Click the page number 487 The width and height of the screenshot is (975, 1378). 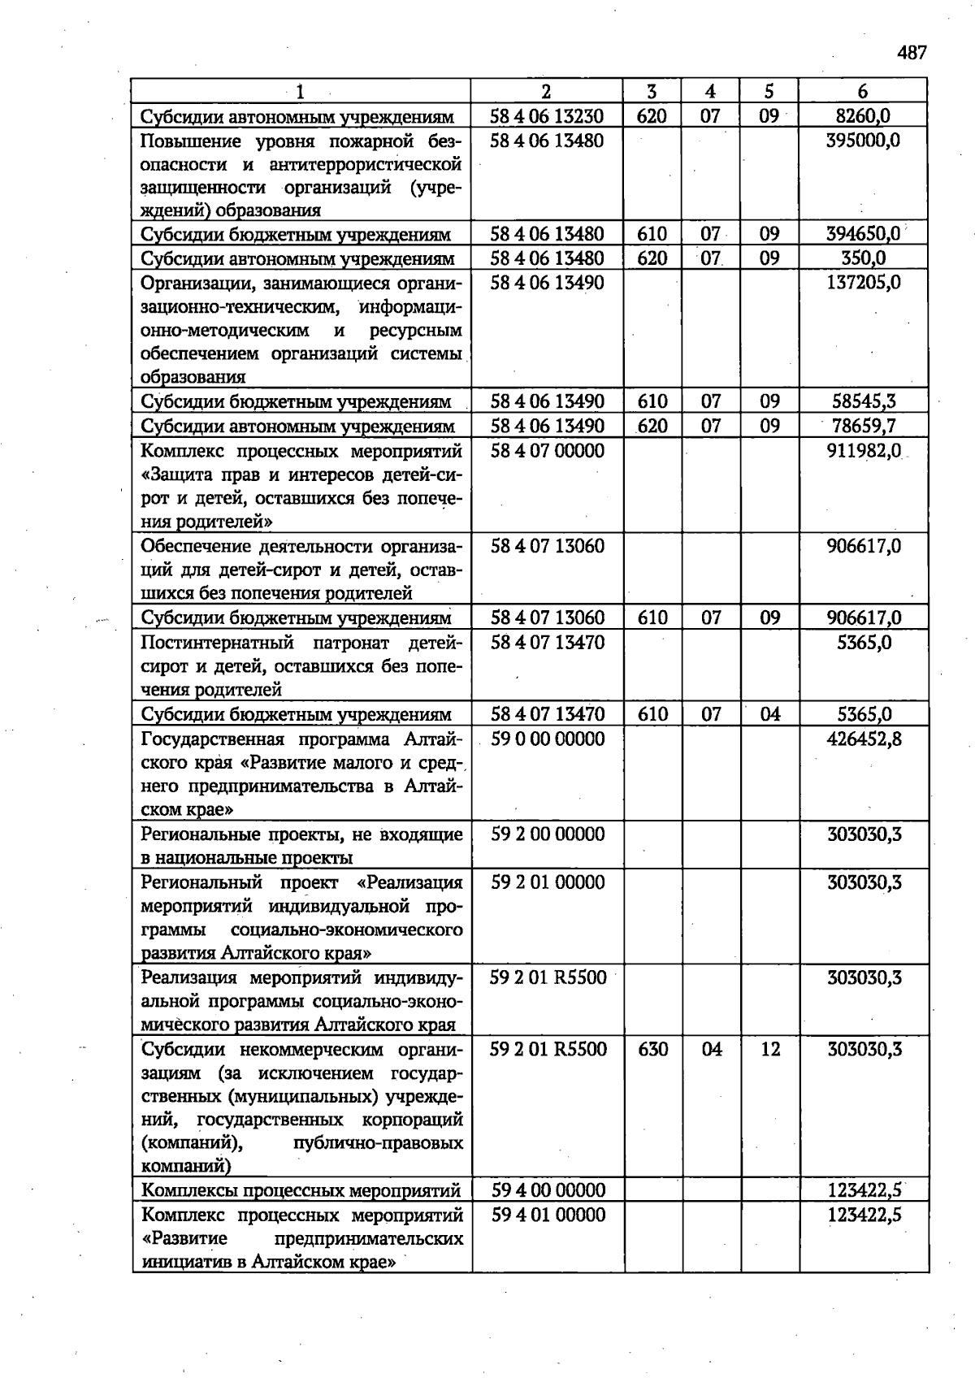(x=912, y=54)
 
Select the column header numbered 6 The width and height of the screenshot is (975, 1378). (x=862, y=91)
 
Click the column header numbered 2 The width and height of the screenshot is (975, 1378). (x=546, y=91)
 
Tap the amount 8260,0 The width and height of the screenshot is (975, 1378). (x=863, y=116)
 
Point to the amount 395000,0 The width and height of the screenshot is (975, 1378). (x=863, y=141)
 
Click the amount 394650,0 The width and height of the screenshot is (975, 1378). (x=863, y=234)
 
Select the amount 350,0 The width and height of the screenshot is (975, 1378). (x=863, y=258)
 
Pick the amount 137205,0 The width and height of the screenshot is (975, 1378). (x=863, y=283)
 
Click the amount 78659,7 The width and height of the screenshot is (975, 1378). (x=864, y=426)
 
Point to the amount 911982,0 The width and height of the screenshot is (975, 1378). (x=863, y=450)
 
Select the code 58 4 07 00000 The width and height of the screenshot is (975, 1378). (x=548, y=450)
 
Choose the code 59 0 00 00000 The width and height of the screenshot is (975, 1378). (x=548, y=739)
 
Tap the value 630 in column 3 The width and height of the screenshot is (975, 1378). (x=653, y=1049)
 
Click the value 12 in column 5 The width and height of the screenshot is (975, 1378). (x=770, y=1049)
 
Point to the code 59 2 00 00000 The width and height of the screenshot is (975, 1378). (x=548, y=834)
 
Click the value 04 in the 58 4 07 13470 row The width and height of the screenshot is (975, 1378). (x=770, y=714)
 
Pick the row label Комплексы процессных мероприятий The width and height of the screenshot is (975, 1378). (x=301, y=1190)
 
